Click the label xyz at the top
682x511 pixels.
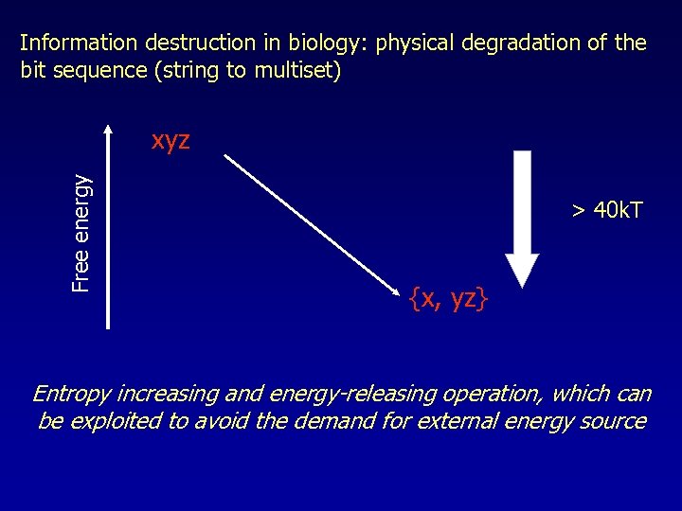point(170,141)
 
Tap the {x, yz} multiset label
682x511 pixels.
point(449,299)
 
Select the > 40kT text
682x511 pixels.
point(606,210)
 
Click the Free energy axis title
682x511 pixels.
point(83,232)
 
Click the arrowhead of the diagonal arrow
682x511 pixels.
point(398,288)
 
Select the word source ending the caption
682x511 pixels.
point(615,421)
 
